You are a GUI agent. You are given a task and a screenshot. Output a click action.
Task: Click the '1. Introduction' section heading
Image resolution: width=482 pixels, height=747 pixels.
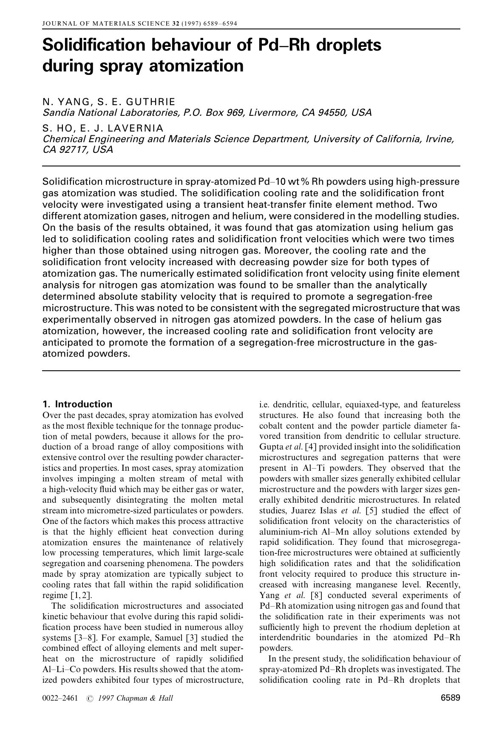[77, 404]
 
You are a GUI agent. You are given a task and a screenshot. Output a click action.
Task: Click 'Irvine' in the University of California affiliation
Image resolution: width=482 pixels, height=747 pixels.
[439, 139]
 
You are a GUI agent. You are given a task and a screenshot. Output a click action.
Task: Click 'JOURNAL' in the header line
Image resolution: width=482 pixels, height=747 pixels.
[57, 23]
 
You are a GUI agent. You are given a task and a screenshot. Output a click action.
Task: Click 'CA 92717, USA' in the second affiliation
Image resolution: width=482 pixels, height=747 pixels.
[78, 150]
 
